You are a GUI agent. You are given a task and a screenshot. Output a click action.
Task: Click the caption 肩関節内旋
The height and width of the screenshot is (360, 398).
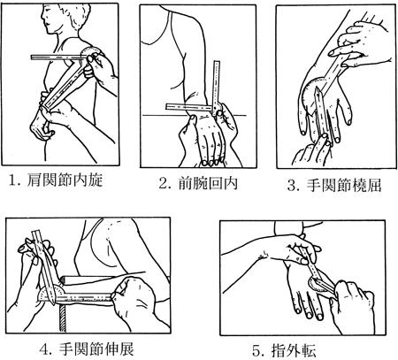pos(65,180)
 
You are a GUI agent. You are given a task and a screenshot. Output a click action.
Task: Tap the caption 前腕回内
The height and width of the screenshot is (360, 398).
pos(208,183)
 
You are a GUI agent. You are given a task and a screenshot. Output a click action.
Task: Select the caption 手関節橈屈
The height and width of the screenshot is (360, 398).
pos(344,186)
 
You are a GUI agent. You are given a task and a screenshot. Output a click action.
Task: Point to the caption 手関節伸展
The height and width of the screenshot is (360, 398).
pos(96,349)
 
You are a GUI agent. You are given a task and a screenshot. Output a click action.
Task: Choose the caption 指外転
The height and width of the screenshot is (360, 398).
pos(293,350)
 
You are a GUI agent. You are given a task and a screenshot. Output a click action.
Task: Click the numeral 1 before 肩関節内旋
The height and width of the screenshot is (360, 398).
pos(12,180)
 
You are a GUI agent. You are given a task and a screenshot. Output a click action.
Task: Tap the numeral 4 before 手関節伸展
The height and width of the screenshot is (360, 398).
pos(44,349)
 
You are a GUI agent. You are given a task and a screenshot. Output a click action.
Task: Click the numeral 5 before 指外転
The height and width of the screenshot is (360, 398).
pos(256,350)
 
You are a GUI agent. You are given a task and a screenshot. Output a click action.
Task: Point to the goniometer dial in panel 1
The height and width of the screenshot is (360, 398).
pos(91,50)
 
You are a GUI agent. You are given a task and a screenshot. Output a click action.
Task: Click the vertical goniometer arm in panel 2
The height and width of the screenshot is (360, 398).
pos(217,85)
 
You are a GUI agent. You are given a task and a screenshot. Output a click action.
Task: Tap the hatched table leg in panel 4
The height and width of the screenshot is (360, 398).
pos(62,318)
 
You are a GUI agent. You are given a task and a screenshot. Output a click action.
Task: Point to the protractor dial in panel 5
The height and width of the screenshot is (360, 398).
pos(316,285)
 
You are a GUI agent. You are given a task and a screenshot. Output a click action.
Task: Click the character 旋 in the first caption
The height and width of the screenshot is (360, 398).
pos(96,180)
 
